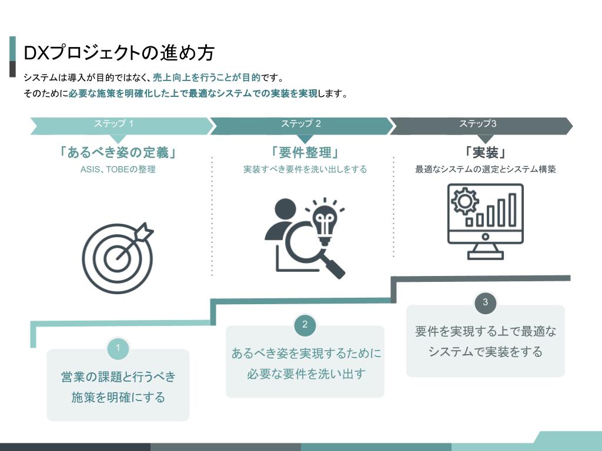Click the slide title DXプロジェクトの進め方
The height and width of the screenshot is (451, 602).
click(119, 52)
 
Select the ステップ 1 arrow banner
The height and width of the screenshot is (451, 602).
click(121, 126)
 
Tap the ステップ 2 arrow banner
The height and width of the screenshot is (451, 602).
click(302, 126)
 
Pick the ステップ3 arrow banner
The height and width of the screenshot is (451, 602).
click(481, 126)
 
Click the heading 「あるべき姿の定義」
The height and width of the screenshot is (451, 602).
click(118, 153)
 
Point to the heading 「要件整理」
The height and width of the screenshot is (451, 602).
click(305, 153)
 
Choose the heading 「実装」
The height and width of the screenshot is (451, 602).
click(485, 153)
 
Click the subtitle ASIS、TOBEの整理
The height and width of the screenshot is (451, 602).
click(118, 169)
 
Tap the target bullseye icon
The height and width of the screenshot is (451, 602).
click(117, 258)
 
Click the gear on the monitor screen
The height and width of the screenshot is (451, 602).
click(464, 201)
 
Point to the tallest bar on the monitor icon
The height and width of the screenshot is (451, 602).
click(512, 210)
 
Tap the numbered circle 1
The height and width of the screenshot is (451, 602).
click(118, 348)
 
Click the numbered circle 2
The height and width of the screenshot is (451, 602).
click(305, 325)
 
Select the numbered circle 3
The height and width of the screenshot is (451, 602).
click(485, 302)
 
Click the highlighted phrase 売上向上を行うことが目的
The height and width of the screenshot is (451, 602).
click(206, 78)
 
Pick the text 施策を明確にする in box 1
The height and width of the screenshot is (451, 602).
click(118, 398)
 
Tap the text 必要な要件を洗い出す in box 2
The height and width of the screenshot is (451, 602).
click(305, 374)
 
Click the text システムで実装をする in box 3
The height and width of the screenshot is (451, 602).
click(485, 352)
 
